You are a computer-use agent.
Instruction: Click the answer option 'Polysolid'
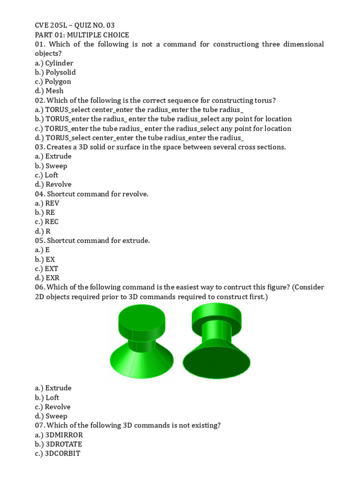[x=60, y=72]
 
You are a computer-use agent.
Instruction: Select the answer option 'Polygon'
[x=58, y=82]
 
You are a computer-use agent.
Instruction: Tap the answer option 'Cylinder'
[x=59, y=63]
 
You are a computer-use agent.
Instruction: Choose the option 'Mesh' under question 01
[x=54, y=91]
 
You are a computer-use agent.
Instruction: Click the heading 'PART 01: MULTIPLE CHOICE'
[x=82, y=35]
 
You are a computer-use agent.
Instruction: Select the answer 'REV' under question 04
[x=52, y=203]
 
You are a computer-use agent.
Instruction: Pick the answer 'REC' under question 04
[x=52, y=222]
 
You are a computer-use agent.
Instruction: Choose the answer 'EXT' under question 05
[x=51, y=269]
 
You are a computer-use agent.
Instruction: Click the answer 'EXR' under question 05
[x=52, y=278]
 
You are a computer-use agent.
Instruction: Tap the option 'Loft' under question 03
[x=52, y=175]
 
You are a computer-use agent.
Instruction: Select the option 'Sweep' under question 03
[x=56, y=166]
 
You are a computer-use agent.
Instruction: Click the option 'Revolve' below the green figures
[x=58, y=407]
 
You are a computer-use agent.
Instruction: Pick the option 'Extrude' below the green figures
[x=58, y=388]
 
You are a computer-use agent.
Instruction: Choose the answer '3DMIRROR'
[x=64, y=435]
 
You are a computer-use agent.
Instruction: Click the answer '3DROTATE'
[x=64, y=444]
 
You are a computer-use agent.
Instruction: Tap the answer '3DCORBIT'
[x=63, y=454]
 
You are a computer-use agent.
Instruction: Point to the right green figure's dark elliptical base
[x=216, y=360]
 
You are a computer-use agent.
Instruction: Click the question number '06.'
[x=39, y=287]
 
